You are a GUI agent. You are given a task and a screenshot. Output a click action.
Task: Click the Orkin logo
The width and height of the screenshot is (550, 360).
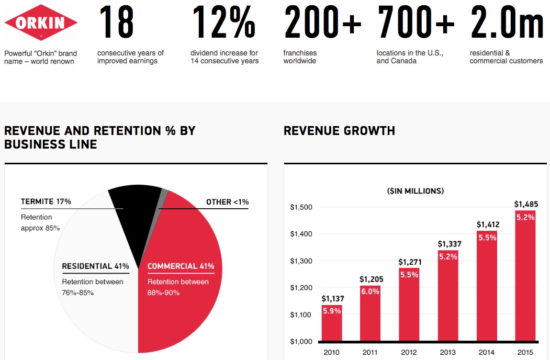pyautogui.click(x=41, y=22)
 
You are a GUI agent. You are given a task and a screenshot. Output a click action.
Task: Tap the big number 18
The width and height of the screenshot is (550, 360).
pyautogui.click(x=116, y=22)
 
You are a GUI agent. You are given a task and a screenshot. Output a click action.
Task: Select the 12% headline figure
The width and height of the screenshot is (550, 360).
pyautogui.click(x=223, y=22)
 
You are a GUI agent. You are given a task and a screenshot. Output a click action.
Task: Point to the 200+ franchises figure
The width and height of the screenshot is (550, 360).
pyautogui.click(x=322, y=22)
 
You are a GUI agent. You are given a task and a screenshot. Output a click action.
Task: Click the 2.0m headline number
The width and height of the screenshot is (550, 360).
pyautogui.click(x=507, y=22)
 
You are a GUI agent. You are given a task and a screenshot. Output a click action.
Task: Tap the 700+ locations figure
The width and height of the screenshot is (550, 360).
pyautogui.click(x=416, y=22)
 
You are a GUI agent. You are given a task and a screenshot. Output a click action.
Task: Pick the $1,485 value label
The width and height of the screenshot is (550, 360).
pyautogui.click(x=525, y=204)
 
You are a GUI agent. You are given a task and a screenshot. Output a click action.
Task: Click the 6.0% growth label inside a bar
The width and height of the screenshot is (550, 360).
pyautogui.click(x=370, y=291)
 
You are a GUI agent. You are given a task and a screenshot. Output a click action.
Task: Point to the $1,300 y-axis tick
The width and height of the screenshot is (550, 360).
pyautogui.click(x=301, y=261)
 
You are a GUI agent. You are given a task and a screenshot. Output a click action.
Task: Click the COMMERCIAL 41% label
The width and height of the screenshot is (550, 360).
pyautogui.click(x=181, y=266)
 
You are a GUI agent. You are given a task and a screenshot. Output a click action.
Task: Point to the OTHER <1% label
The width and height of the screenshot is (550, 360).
pyautogui.click(x=227, y=202)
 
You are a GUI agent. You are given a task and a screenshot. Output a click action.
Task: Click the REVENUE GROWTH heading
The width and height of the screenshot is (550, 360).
pyautogui.click(x=339, y=131)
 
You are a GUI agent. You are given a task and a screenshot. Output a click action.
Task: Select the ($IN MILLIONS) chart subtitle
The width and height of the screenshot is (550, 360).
pyautogui.click(x=416, y=191)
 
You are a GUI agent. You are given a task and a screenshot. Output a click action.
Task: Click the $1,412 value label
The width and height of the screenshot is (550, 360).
pyautogui.click(x=487, y=224)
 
